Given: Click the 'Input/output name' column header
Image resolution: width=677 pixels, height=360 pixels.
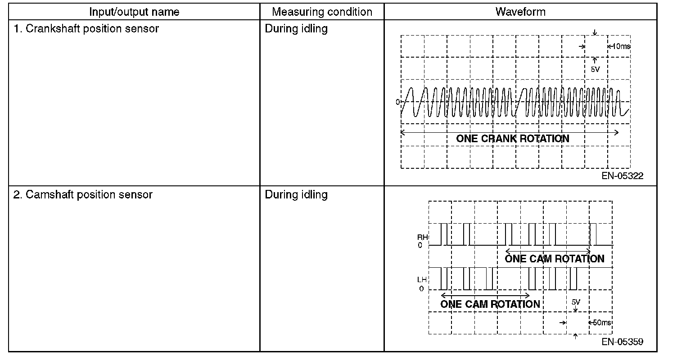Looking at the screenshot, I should (134, 12).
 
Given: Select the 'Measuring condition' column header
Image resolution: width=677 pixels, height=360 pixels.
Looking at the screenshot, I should (322, 12).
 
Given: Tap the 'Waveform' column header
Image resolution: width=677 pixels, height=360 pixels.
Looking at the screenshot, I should (520, 12).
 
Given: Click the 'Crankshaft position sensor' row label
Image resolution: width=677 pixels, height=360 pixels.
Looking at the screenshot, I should (86, 29).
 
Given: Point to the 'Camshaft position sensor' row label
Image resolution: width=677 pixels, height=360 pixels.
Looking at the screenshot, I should (83, 195).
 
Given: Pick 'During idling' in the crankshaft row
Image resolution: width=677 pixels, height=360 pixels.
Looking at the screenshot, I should (296, 29).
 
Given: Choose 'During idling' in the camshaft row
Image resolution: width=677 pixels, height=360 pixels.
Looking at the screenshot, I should (296, 195).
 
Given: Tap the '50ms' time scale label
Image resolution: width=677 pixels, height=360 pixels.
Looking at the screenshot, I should (601, 323).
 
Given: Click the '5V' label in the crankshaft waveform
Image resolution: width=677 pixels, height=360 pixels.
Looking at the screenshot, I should (595, 70).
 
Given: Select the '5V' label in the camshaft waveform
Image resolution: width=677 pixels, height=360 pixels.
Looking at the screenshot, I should (576, 302).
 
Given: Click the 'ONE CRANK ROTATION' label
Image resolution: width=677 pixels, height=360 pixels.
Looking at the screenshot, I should (513, 139).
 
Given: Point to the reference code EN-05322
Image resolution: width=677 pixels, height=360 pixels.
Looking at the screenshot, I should (623, 176).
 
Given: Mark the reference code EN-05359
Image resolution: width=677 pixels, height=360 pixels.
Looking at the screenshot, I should (623, 342).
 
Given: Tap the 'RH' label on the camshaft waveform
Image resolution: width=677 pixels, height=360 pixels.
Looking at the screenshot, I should (422, 237).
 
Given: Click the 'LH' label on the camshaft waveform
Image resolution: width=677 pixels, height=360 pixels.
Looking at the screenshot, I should (422, 280).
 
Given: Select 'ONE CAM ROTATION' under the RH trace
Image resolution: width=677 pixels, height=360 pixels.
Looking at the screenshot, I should (555, 259).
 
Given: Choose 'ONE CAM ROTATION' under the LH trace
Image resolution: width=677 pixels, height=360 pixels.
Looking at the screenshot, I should (490, 304).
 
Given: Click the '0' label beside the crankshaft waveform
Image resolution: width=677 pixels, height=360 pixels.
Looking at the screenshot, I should (397, 102).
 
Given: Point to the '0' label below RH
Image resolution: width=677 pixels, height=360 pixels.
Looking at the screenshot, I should (420, 246).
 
